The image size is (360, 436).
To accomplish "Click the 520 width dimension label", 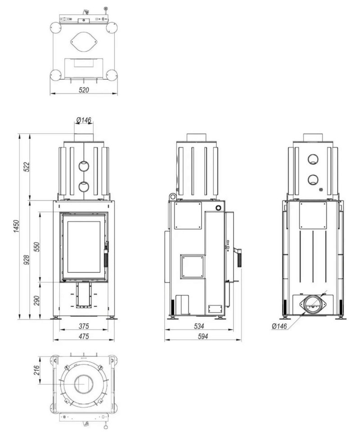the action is click(84, 90).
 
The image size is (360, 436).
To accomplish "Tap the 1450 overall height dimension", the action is click(16, 226).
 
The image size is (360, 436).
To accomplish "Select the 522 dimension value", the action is click(27, 167).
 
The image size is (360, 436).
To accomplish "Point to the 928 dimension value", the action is click(27, 260).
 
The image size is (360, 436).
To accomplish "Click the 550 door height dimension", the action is click(37, 247).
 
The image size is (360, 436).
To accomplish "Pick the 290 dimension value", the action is click(37, 301).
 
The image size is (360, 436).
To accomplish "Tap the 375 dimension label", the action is click(84, 326).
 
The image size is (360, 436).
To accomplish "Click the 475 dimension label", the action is click(84, 336).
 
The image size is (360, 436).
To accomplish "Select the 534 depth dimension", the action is click(199, 326).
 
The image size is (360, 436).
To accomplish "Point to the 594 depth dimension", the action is click(202, 336).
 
